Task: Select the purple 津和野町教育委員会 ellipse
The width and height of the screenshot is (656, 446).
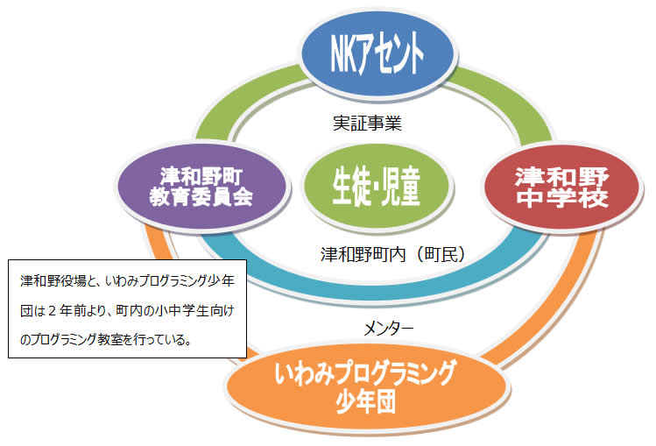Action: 203,186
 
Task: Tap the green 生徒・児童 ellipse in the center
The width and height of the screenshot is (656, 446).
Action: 376,186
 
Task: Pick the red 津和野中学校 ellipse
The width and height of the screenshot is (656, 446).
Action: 562,187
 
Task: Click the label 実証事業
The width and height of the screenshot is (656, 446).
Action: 367,123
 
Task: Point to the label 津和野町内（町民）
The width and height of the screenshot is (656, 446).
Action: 393,254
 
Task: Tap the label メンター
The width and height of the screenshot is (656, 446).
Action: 388,329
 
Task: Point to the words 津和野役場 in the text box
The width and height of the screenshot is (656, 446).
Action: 53,280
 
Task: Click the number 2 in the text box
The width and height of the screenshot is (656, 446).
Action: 53,311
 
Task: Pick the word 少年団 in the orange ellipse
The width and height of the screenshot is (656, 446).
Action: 366,400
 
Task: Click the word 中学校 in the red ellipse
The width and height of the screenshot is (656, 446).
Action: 562,198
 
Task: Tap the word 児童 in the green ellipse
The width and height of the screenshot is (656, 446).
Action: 400,187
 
